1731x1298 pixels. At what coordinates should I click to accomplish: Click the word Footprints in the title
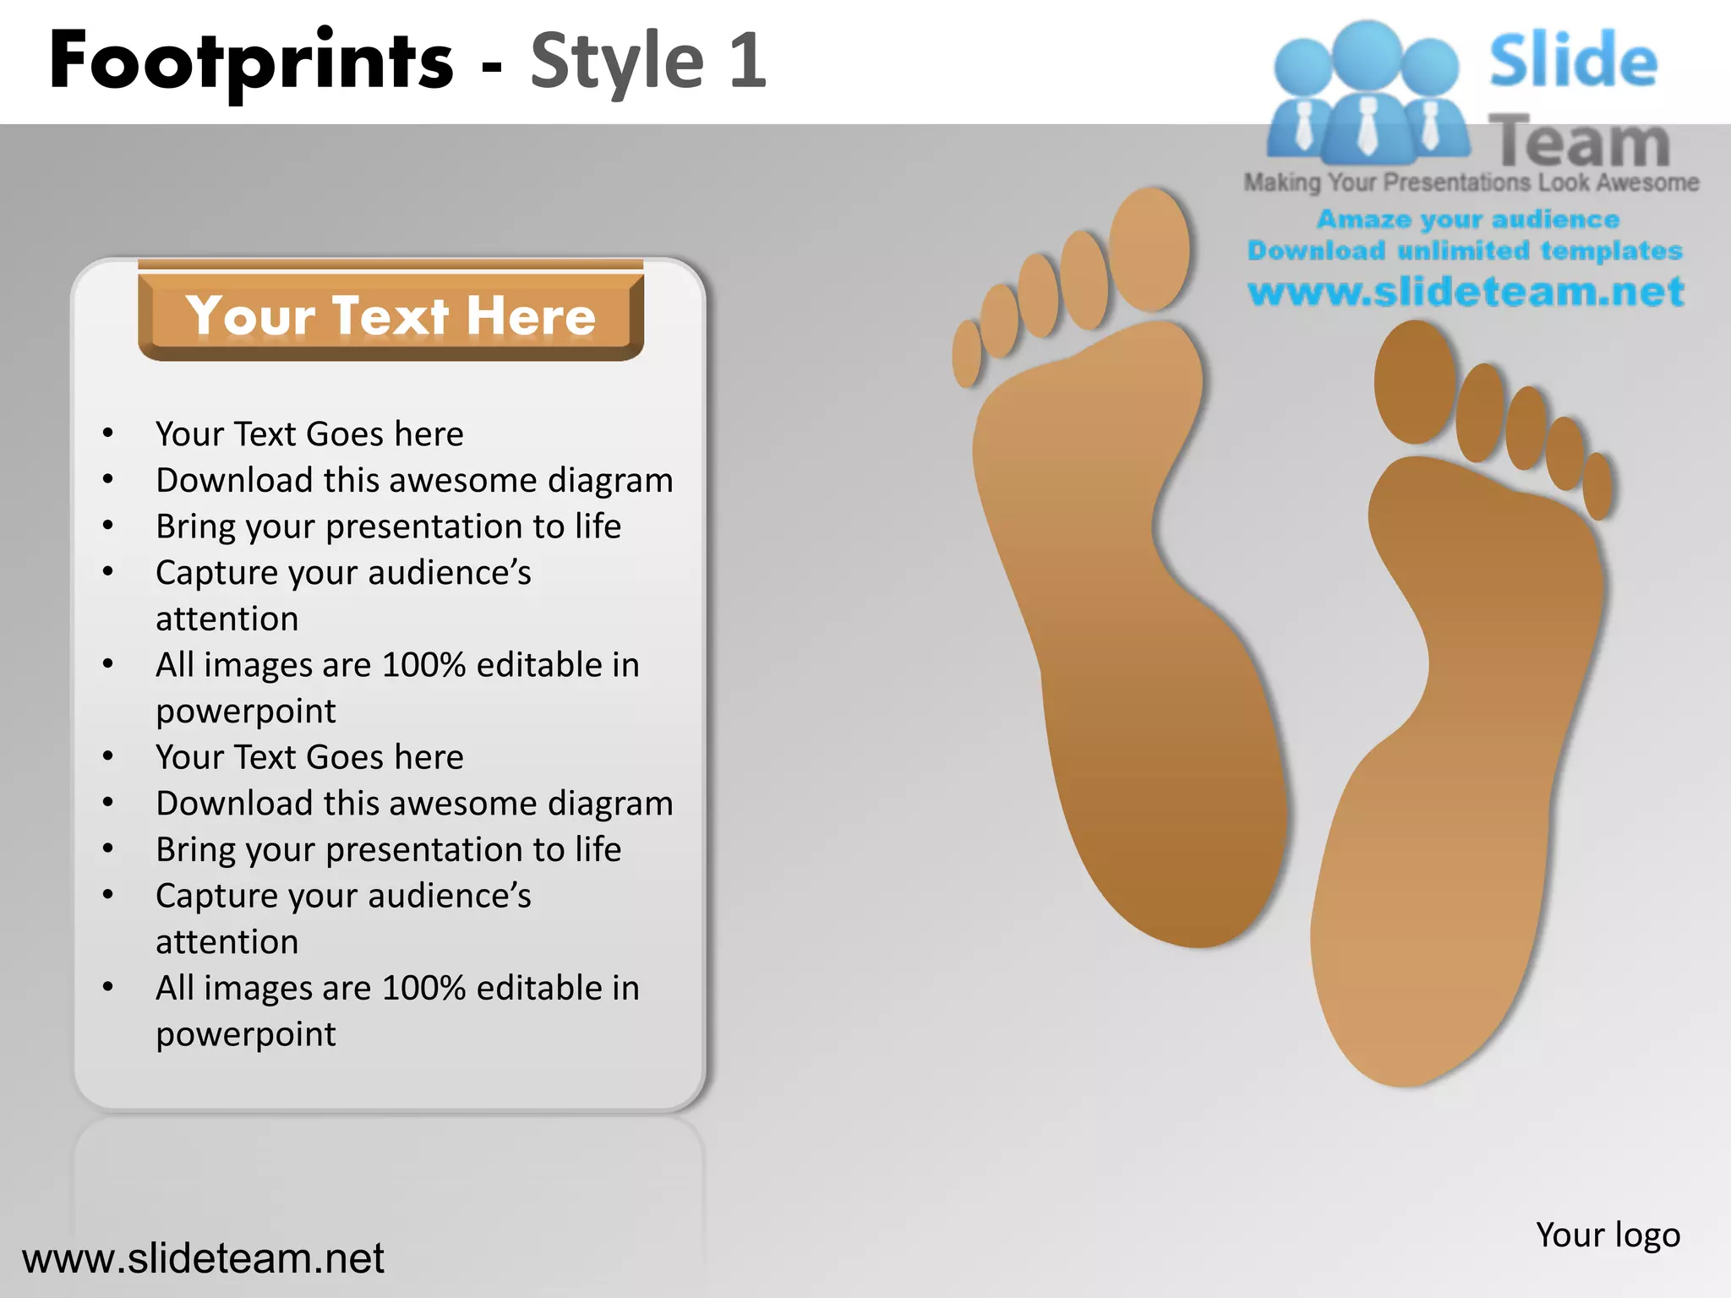(x=252, y=61)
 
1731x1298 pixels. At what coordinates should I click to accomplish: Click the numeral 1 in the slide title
(x=747, y=61)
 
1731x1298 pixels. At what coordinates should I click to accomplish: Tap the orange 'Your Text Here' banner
(x=390, y=316)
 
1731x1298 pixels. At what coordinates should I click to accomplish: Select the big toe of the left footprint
(x=1149, y=249)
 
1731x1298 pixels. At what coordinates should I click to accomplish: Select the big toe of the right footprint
(x=1414, y=382)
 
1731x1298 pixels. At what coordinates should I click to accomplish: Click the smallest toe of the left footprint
(x=966, y=353)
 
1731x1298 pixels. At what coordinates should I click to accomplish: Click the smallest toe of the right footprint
(x=1597, y=486)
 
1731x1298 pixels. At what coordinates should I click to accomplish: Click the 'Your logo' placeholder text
(x=1608, y=1235)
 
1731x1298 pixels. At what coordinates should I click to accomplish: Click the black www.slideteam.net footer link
(x=203, y=1258)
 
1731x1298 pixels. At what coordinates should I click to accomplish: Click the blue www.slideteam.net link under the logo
(x=1466, y=292)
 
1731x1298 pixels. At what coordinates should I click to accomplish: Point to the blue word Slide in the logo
(x=1572, y=61)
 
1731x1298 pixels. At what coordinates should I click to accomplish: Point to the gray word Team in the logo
(x=1579, y=142)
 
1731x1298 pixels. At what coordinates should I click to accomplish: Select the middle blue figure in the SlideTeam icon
(x=1367, y=93)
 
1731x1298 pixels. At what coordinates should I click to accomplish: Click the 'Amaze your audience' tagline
(x=1467, y=220)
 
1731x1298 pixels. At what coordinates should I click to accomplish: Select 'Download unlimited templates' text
(x=1465, y=251)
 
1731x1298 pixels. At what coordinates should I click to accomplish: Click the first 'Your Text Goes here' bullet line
(x=309, y=434)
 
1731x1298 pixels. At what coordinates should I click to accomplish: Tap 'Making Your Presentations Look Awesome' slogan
(x=1471, y=183)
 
